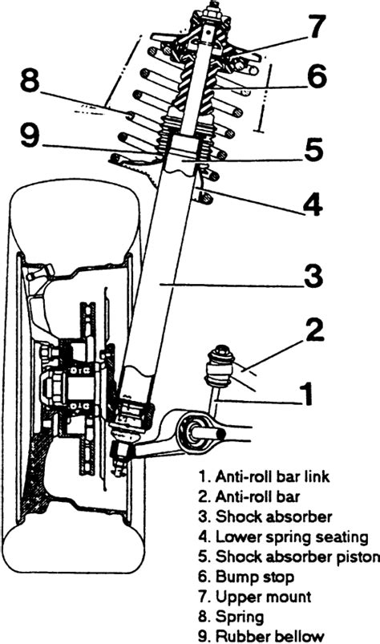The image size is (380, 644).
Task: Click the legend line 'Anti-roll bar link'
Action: pyautogui.click(x=264, y=476)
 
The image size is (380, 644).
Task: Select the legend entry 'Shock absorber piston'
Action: pyautogui.click(x=289, y=557)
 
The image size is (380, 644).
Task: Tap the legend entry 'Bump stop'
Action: pyautogui.click(x=246, y=577)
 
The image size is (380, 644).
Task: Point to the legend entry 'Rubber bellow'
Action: pyautogui.click(x=261, y=636)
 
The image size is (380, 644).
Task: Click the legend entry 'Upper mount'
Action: pyautogui.click(x=255, y=597)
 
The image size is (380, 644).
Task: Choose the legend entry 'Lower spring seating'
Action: pyautogui.click(x=284, y=537)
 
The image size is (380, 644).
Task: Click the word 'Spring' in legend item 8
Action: pyautogui.click(x=240, y=617)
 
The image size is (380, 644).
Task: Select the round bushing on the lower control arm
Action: pyautogui.click(x=192, y=433)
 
